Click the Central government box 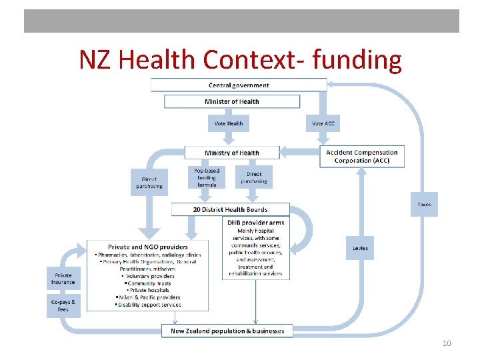pyautogui.click(x=239, y=85)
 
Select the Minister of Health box pyautogui.click(x=231, y=102)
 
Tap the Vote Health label pyautogui.click(x=229, y=123)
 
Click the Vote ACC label pyautogui.click(x=323, y=123)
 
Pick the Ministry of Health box pyautogui.click(x=231, y=153)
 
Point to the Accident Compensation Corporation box pyautogui.click(x=362, y=156)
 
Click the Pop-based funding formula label pyautogui.click(x=207, y=177)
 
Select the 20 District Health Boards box pyautogui.click(x=230, y=209)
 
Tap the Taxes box pyautogui.click(x=424, y=204)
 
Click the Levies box pyautogui.click(x=359, y=248)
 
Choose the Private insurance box pyautogui.click(x=63, y=279)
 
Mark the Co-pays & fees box pyautogui.click(x=63, y=305)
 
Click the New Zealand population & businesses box pyautogui.click(x=227, y=331)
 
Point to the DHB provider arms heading pyautogui.click(x=255, y=223)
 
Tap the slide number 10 pyautogui.click(x=447, y=343)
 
